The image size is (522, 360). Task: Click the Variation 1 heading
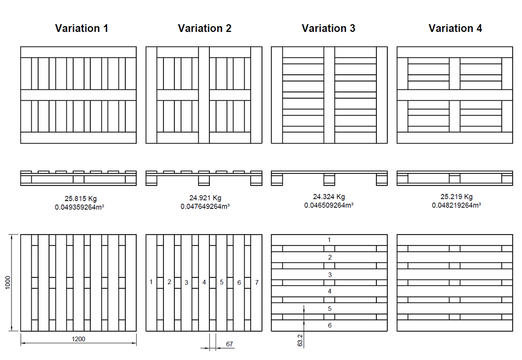pos(81,28)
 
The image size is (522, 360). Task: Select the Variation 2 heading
pos(205,28)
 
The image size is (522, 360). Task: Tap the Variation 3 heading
pos(328,28)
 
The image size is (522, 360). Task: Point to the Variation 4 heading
pos(455,28)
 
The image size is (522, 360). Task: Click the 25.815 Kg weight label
pos(80,199)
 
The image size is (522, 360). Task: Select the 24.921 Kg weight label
pos(205,198)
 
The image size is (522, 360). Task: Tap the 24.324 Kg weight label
pos(329,197)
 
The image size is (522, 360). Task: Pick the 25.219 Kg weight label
pos(456,197)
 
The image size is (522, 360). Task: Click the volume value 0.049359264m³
pos(80,207)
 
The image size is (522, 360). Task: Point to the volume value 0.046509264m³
pos(329,205)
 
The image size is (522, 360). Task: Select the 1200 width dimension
pos(78,339)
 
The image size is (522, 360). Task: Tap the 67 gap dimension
pos(229,344)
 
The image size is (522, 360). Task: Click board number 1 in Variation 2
pos(151,282)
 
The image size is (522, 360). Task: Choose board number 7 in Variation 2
pos(256,282)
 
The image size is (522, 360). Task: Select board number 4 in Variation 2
pos(204,283)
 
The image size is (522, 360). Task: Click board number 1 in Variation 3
pos(329,239)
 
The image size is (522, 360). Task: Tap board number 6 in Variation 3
pos(329,326)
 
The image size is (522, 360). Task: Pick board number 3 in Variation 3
pos(329,274)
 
